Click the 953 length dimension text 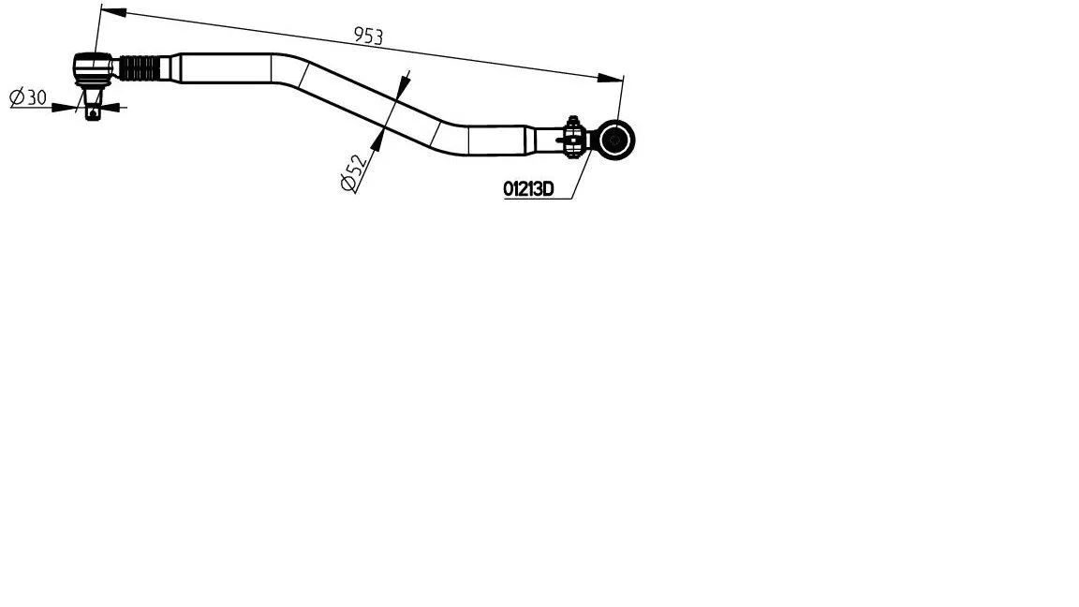(x=368, y=37)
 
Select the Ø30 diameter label (x=28, y=97)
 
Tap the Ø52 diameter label (x=353, y=171)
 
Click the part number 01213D (x=528, y=189)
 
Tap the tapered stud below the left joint (x=92, y=96)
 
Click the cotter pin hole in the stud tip (x=92, y=114)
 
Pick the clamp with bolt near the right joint (x=572, y=139)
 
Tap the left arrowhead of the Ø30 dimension (x=73, y=108)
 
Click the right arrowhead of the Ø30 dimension (x=111, y=108)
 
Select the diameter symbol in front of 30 (x=16, y=97)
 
